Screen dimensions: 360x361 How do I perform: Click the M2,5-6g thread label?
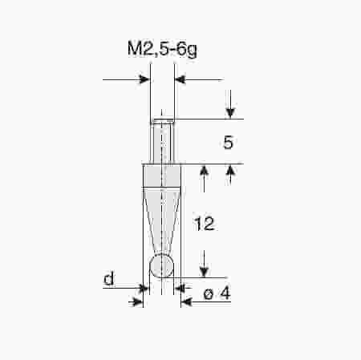[162, 50]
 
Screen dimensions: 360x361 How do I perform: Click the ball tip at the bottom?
[162, 265]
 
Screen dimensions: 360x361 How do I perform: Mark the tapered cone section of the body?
[162, 216]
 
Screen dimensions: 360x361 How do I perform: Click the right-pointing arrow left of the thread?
[145, 79]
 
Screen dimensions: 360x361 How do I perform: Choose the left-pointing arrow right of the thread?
[180, 79]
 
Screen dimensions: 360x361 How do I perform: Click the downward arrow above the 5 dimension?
[229, 113]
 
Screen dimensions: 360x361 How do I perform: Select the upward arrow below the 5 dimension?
[229, 171]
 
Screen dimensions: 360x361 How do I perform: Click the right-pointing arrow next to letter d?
[137, 301]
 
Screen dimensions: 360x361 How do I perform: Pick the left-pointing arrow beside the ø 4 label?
[187, 301]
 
